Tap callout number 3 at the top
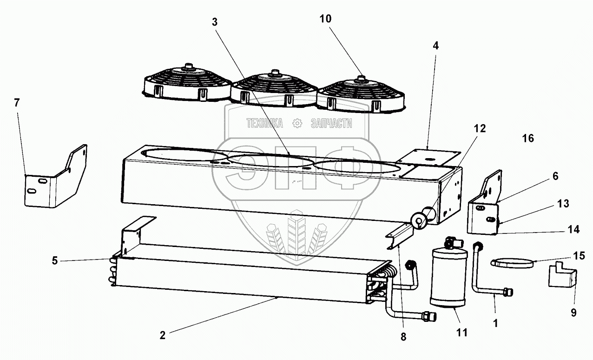pos(214,21)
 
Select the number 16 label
pos(528,138)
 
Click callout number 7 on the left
pos(17,103)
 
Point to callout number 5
pos(55,260)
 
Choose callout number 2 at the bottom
pos(162,335)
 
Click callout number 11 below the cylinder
pos(462,333)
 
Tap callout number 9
pos(573,313)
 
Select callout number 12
pos(480,129)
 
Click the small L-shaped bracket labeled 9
pos(562,277)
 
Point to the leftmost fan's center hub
pos(188,66)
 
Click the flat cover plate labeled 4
pos(430,158)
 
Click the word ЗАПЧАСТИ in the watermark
pos(330,123)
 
